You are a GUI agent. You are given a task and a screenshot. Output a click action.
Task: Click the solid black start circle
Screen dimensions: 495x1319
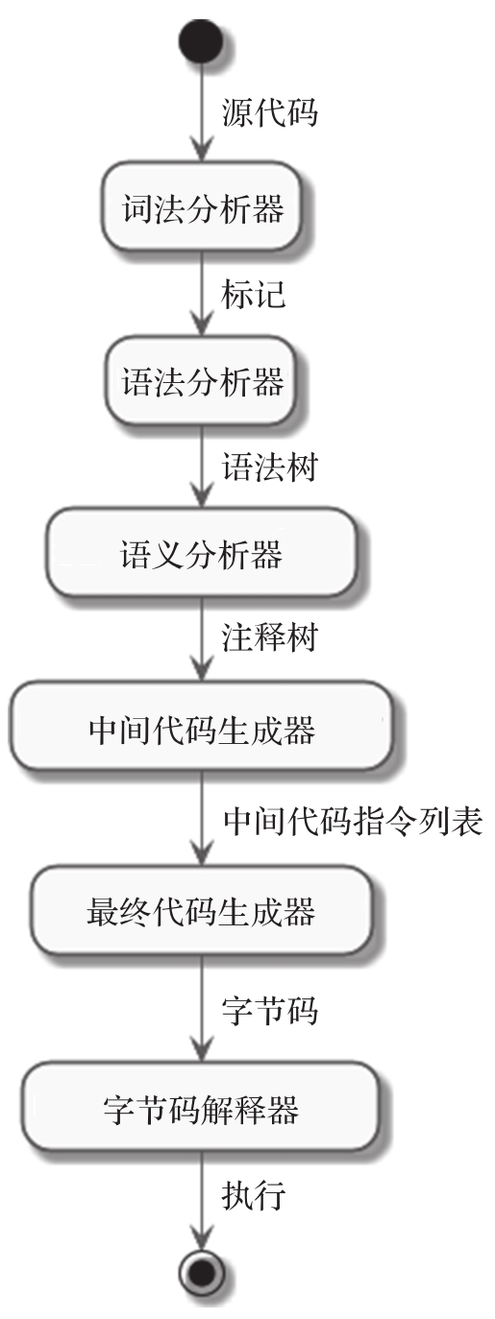point(202,41)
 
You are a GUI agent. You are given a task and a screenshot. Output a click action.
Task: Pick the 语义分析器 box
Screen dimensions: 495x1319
point(202,553)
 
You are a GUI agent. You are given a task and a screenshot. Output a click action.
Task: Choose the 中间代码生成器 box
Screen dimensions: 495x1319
point(202,727)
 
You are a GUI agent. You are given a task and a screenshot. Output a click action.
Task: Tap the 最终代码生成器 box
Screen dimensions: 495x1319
point(202,910)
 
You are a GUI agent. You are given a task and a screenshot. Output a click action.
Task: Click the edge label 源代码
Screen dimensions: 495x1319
point(269,112)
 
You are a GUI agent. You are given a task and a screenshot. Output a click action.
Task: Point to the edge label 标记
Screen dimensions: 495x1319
point(254,294)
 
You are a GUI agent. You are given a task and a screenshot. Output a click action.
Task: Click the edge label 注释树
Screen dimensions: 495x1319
point(269,638)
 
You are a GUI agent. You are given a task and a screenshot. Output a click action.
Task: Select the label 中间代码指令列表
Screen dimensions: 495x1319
point(353,820)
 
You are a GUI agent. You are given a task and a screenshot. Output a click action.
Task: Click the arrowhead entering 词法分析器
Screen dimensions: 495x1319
point(202,150)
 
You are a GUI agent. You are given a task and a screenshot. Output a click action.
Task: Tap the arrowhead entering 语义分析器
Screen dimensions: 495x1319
point(202,495)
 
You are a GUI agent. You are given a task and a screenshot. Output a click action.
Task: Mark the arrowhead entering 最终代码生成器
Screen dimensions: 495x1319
point(202,852)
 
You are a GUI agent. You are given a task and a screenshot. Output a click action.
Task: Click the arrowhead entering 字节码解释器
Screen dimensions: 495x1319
point(202,1049)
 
